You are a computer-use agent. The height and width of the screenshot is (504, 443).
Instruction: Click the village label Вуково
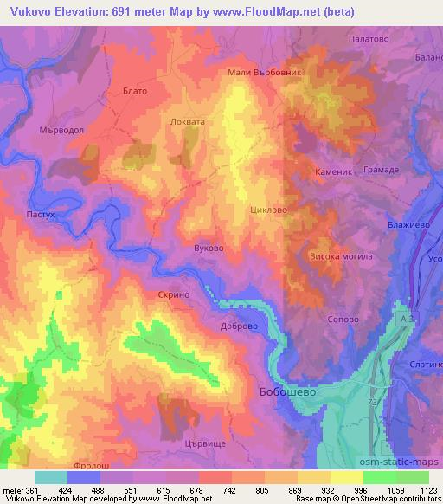pos(209,248)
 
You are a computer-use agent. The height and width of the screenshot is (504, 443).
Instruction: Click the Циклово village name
pos(267,210)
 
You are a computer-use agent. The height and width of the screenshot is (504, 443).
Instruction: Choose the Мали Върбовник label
pos(264,73)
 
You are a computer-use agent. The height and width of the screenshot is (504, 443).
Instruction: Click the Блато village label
pos(135,90)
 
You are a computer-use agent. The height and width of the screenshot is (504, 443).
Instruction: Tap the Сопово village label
pos(343,319)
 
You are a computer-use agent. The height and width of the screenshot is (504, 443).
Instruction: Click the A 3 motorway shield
pos(407,320)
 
